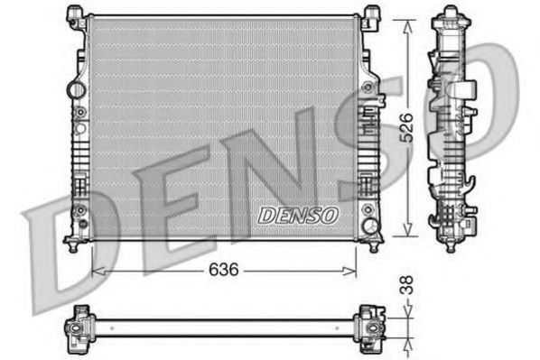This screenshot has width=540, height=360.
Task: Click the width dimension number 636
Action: (224, 270)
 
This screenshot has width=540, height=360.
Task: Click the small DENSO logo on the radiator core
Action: (298, 215)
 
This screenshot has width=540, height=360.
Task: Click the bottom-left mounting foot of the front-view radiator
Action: (73, 244)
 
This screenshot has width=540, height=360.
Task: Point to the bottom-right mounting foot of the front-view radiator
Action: (372, 244)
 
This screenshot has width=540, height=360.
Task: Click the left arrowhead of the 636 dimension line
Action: (97, 270)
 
